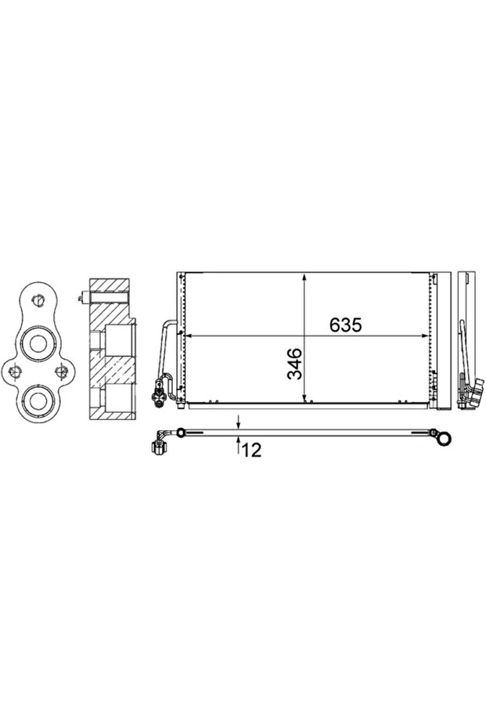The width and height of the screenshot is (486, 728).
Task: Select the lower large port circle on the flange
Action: pyautogui.click(x=37, y=401)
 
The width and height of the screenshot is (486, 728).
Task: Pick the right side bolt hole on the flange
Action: pyautogui.click(x=60, y=371)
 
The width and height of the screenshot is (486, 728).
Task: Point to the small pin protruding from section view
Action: pyautogui.click(x=82, y=296)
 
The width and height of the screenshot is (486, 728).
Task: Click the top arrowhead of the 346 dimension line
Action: pyautogui.click(x=304, y=278)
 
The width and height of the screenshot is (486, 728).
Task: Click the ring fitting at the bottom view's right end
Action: pyautogui.click(x=444, y=438)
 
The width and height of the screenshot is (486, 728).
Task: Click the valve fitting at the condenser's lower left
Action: pyautogui.click(x=160, y=391)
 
